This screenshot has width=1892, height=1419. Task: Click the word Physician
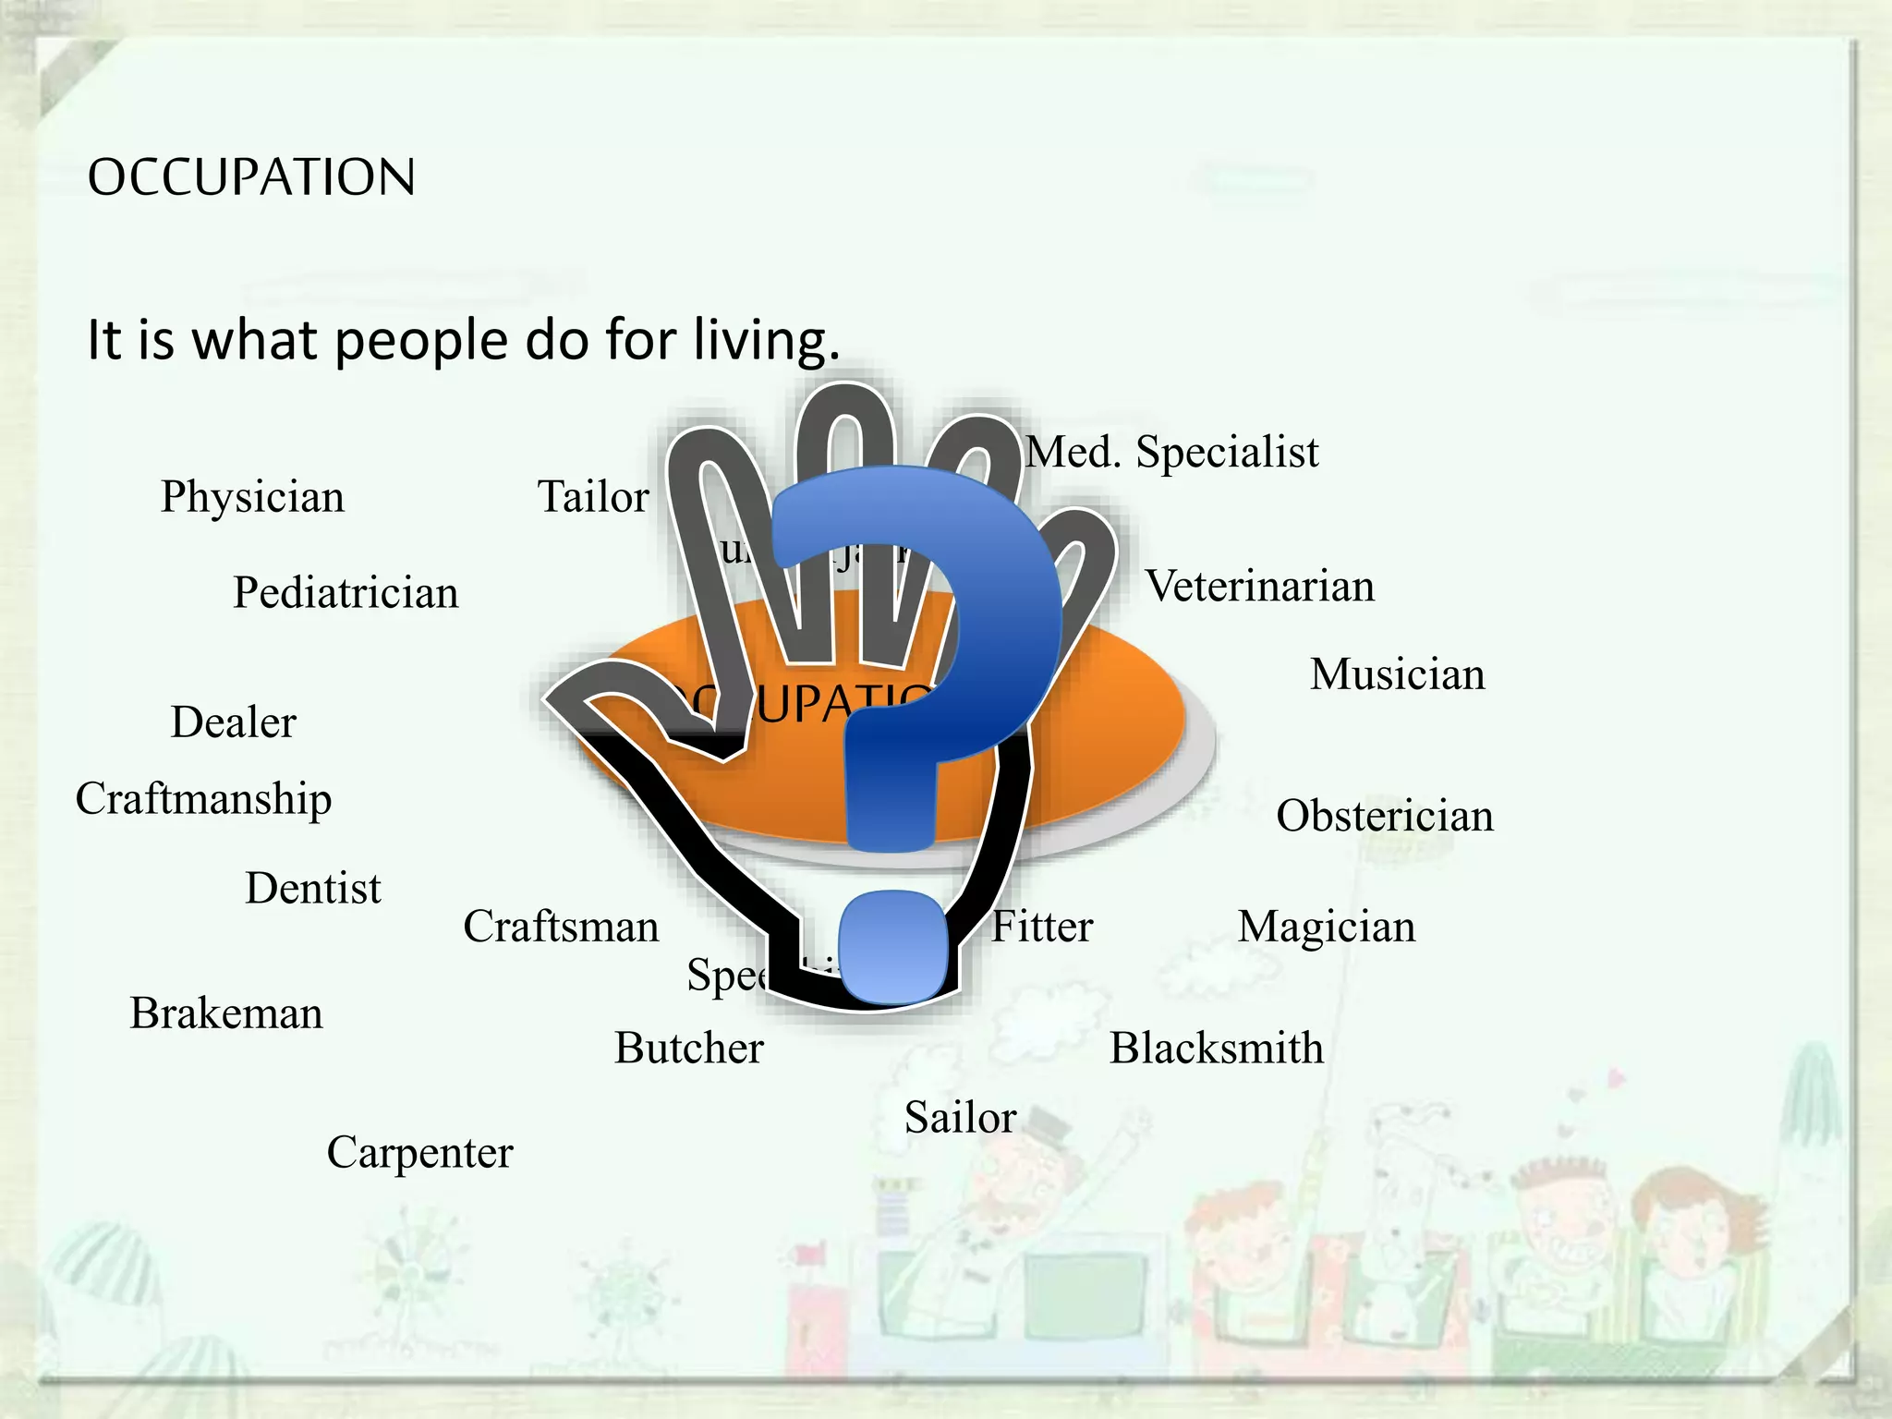click(x=252, y=498)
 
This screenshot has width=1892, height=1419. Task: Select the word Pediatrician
click(x=346, y=593)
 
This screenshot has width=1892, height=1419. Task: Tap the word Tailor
click(x=593, y=497)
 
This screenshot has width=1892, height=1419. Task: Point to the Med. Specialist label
click(x=1172, y=453)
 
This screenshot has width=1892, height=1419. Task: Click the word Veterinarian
click(x=1260, y=587)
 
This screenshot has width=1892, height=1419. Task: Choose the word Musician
click(x=1397, y=674)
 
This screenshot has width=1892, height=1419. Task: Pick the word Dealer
click(x=234, y=722)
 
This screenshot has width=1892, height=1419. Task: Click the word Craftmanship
click(x=203, y=799)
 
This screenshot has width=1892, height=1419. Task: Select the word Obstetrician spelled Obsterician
click(x=1385, y=817)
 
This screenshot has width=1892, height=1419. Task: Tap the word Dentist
click(x=313, y=889)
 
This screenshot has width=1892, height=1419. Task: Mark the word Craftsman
click(x=561, y=927)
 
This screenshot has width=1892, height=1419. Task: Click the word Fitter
click(x=1042, y=927)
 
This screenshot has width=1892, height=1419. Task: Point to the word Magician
click(x=1327, y=927)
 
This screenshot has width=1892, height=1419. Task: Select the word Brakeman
click(x=226, y=1013)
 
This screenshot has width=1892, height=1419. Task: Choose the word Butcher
click(x=689, y=1049)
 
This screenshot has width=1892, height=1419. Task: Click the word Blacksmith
click(x=1217, y=1049)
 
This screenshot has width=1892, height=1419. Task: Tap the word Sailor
click(x=960, y=1118)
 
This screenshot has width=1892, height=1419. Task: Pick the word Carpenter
click(x=419, y=1153)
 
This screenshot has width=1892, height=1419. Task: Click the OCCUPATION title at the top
click(x=251, y=177)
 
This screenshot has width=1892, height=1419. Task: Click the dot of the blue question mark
click(x=892, y=947)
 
